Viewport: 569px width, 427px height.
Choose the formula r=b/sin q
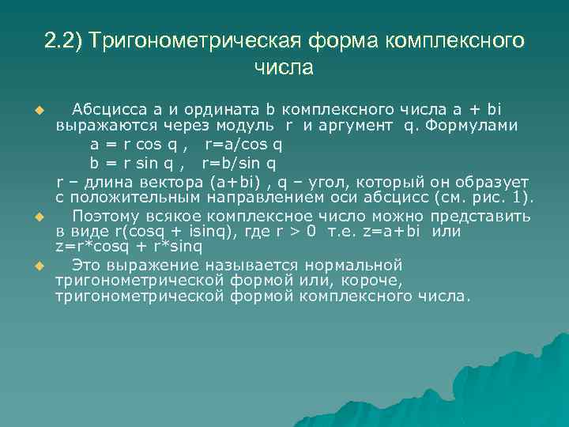coord(239,164)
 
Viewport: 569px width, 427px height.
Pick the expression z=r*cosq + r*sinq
coord(129,246)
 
